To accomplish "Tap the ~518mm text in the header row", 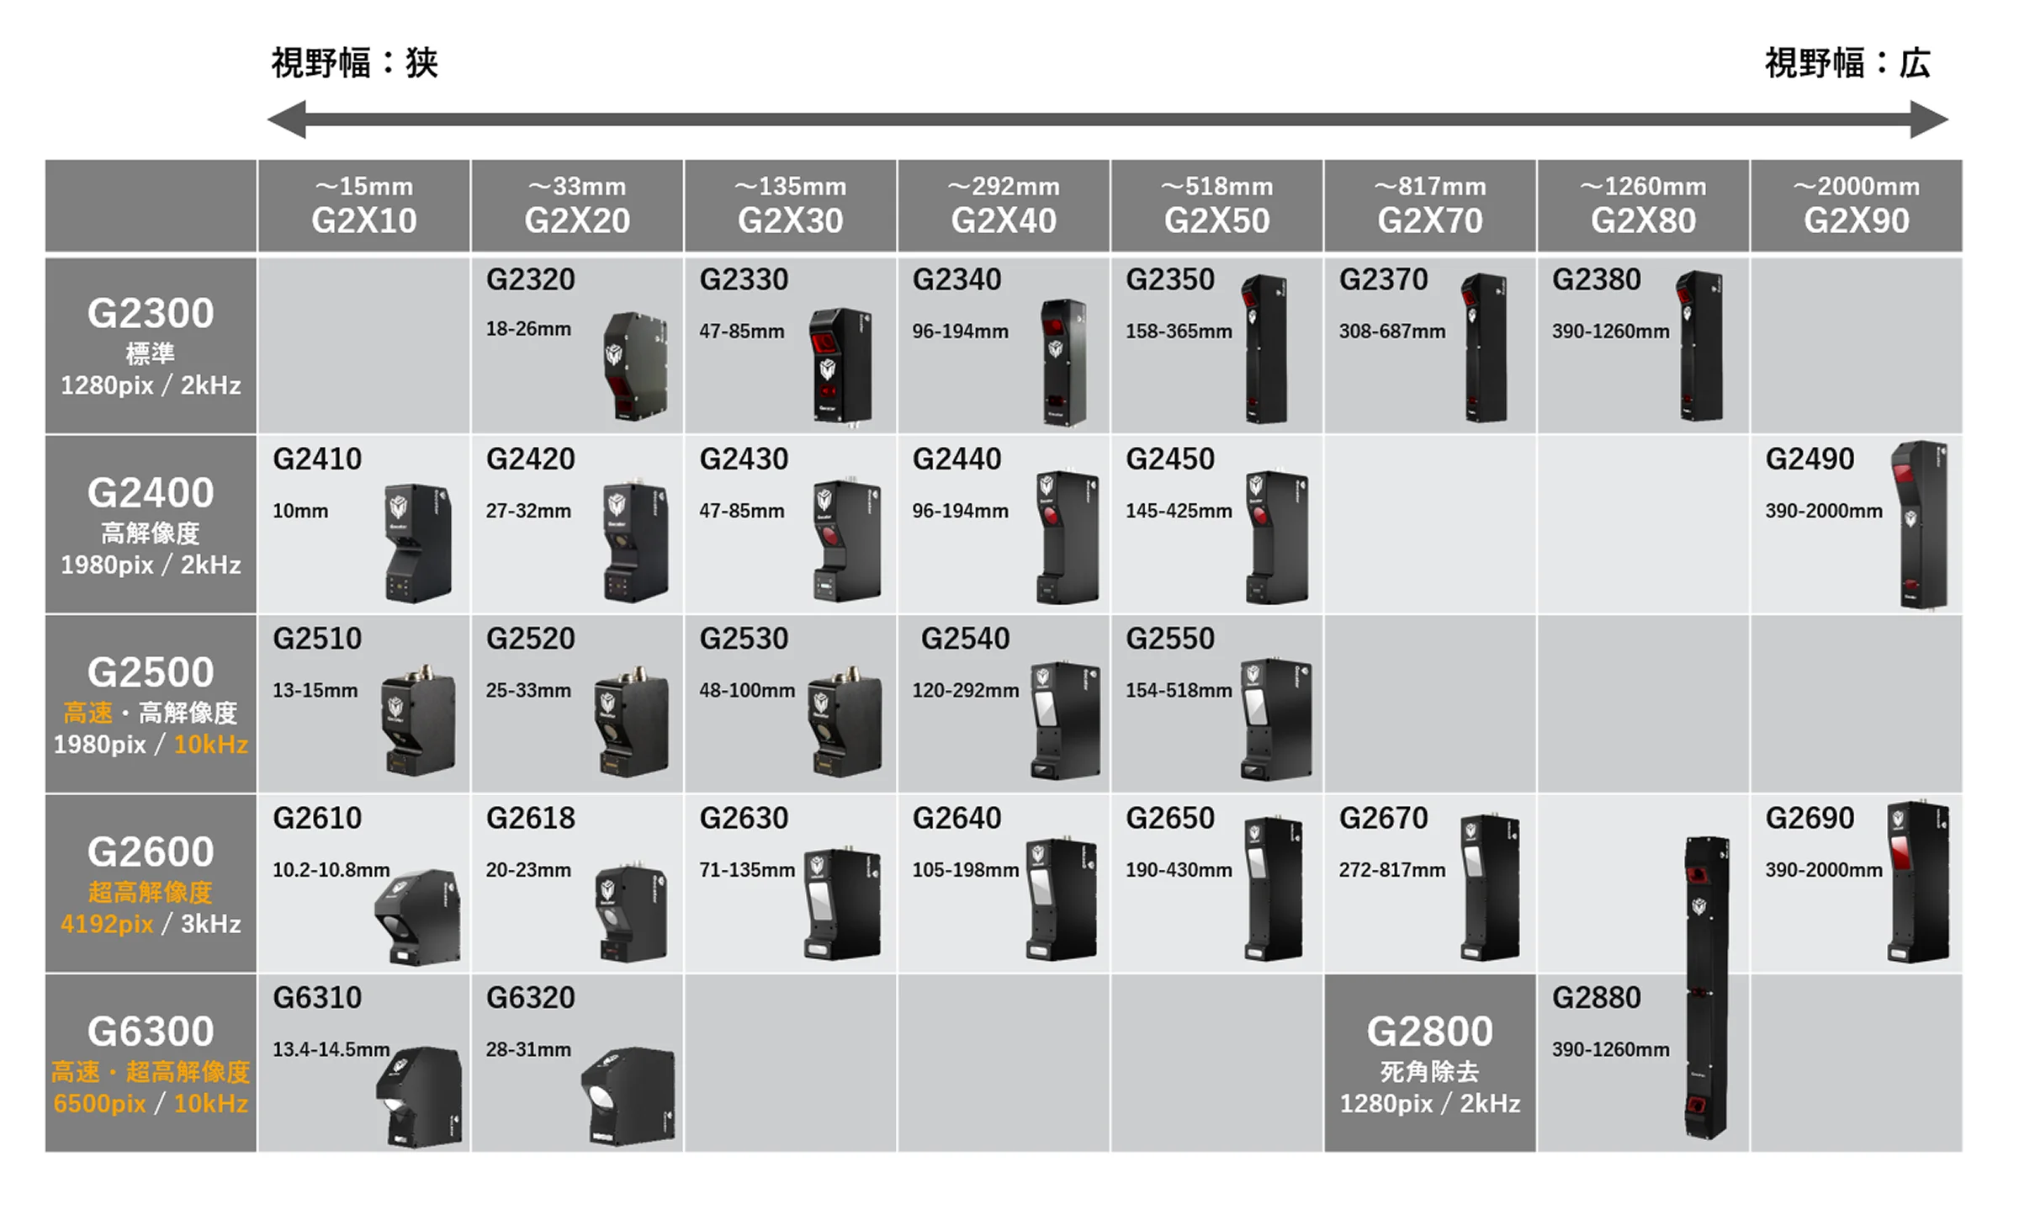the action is (1216, 186).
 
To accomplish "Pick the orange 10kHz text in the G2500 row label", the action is (210, 745).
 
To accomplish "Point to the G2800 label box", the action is (1430, 1063).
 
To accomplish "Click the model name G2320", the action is (531, 279).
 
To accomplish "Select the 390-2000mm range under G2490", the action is (1824, 511).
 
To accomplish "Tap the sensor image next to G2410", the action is (418, 543).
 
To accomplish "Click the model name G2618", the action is (531, 818).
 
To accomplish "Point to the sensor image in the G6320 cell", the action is (628, 1096).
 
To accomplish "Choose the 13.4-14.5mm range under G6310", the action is (331, 1049).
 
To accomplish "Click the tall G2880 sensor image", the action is (1706, 988).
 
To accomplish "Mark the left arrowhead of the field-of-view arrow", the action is (286, 119).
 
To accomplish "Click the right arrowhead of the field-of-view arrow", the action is (1929, 119).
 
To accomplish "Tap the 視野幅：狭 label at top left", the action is (354, 63).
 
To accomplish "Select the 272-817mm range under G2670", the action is (1392, 870).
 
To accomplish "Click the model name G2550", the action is (1170, 639).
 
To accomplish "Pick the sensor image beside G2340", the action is (1063, 363).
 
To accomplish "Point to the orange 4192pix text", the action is (107, 924).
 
